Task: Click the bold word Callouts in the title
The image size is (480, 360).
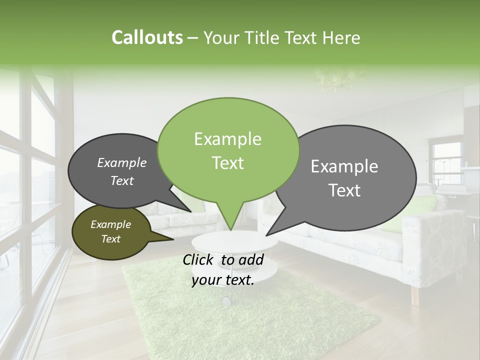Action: pyautogui.click(x=147, y=37)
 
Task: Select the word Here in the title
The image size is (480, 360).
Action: pyautogui.click(x=342, y=37)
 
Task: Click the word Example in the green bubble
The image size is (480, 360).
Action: pyautogui.click(x=227, y=139)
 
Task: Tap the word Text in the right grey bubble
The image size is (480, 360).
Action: pyautogui.click(x=345, y=190)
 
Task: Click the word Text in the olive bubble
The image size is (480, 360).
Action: pyautogui.click(x=111, y=239)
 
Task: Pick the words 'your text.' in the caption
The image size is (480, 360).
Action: pyautogui.click(x=223, y=280)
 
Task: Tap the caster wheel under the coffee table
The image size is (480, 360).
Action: pyautogui.click(x=226, y=301)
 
